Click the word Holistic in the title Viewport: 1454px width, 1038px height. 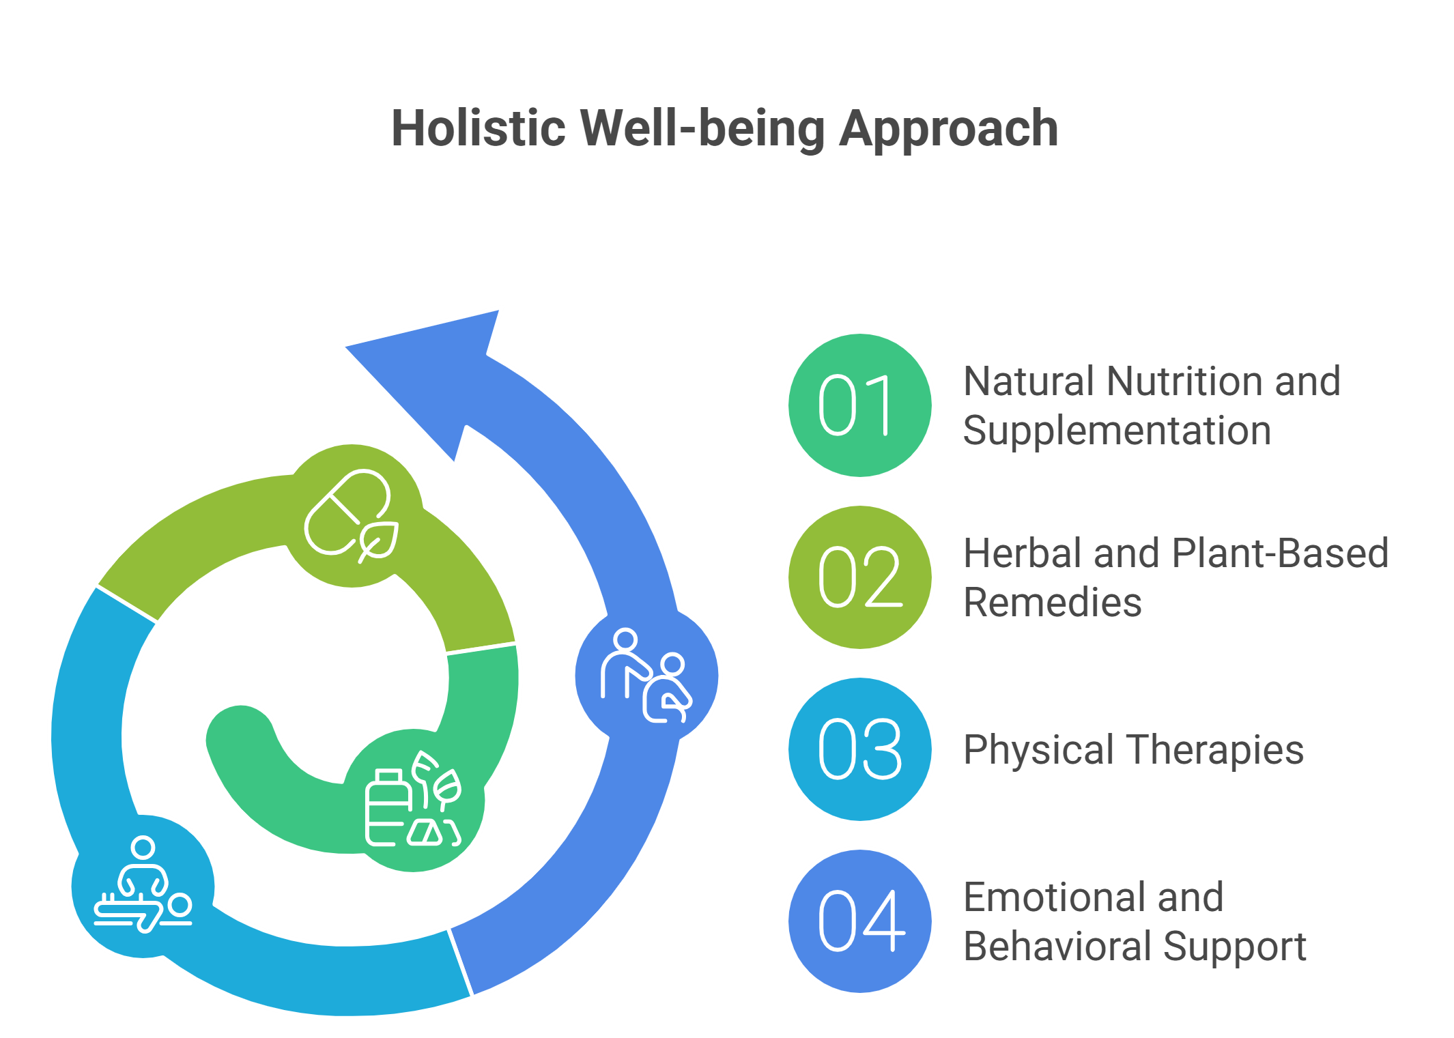click(478, 128)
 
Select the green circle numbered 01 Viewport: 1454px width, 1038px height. click(859, 405)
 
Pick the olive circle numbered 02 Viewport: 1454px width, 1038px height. click(859, 577)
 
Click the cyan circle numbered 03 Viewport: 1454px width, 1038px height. click(859, 749)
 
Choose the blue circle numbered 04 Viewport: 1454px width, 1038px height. click(859, 921)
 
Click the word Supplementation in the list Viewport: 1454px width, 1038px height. click(1117, 431)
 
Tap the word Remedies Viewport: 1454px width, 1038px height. click(1052, 603)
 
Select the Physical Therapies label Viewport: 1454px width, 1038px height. click(1133, 749)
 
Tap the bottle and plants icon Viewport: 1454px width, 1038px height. click(414, 800)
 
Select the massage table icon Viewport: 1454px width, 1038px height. click(143, 885)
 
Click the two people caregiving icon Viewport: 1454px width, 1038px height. click(646, 675)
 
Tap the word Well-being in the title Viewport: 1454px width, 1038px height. click(703, 128)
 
